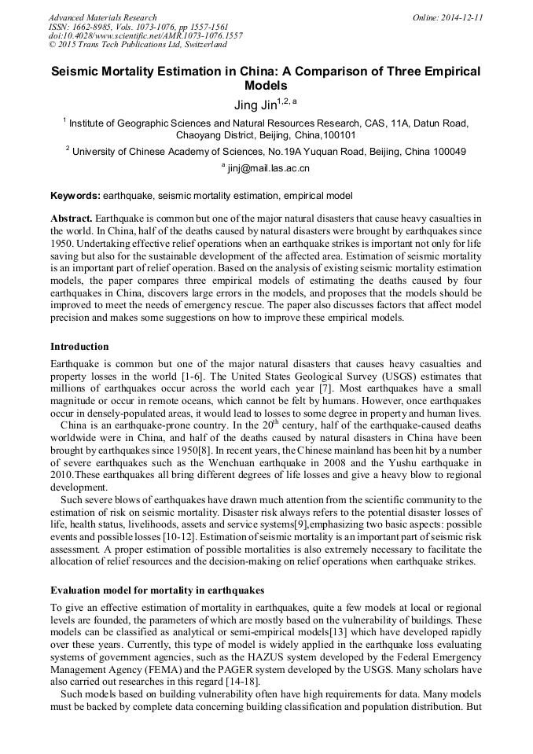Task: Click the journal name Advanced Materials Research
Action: tap(102, 17)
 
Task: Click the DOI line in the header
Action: tap(145, 36)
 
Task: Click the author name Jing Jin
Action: tap(255, 105)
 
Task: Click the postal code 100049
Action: tap(447, 151)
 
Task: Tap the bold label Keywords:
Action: tap(75, 195)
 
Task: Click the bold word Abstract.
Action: tap(71, 217)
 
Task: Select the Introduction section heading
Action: tap(79, 347)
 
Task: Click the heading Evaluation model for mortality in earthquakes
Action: tap(157, 590)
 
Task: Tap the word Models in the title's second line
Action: tap(266, 85)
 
